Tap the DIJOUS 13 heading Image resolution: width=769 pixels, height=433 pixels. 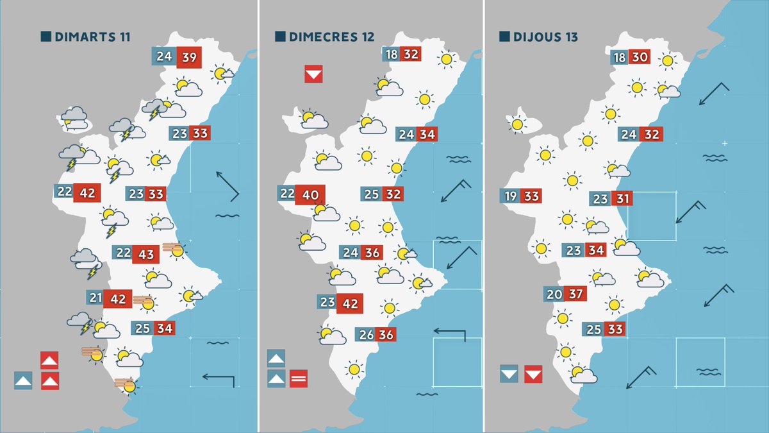[x=545, y=37]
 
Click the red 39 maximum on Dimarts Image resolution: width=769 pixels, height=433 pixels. [x=190, y=57]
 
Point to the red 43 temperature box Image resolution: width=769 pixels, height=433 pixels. [x=146, y=254]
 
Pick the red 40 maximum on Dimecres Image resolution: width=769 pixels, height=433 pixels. [x=310, y=194]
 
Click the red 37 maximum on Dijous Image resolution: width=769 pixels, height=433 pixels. [x=575, y=294]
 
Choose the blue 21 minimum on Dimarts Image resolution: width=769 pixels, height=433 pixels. [x=95, y=298]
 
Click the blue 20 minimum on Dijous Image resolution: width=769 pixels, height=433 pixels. [x=554, y=294]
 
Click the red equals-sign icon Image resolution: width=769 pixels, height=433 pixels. [x=299, y=378]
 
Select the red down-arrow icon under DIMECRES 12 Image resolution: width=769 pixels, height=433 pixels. [x=313, y=74]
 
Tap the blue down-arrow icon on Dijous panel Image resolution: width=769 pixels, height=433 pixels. [x=509, y=373]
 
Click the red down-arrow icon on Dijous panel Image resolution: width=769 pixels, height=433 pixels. [x=533, y=373]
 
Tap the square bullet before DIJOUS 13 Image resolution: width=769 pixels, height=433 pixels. [x=504, y=37]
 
